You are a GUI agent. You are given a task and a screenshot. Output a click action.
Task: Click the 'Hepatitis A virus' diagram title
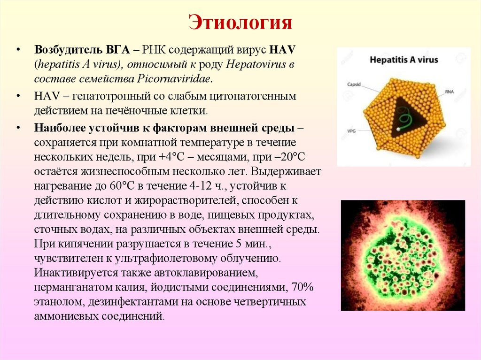403,60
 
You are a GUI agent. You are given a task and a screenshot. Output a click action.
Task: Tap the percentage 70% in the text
303,286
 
